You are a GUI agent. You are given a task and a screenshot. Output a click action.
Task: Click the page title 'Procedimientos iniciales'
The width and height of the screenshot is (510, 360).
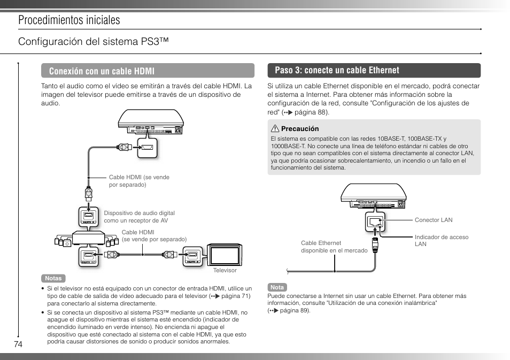[68, 20]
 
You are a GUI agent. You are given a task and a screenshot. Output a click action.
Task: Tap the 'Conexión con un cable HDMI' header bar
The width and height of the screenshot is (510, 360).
[148, 71]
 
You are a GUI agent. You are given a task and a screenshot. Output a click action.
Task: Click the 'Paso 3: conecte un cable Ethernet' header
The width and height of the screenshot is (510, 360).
[374, 71]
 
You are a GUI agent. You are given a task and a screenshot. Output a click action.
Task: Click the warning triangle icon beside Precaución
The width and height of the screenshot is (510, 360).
[275, 129]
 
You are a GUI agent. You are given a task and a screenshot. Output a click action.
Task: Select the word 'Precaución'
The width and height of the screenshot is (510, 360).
[300, 129]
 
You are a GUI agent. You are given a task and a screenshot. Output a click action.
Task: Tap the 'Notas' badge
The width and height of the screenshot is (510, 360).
[53, 278]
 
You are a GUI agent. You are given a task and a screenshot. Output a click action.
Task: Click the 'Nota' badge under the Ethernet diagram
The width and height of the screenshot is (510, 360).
[277, 287]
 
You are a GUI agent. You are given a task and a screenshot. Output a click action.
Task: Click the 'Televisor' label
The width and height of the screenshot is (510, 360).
[225, 270]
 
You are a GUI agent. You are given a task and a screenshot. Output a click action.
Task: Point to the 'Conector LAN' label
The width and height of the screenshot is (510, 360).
[433, 220]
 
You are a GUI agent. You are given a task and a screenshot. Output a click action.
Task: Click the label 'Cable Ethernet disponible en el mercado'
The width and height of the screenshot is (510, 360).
[334, 247]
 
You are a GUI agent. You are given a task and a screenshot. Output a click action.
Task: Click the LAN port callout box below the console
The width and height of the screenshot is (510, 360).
[373, 222]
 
